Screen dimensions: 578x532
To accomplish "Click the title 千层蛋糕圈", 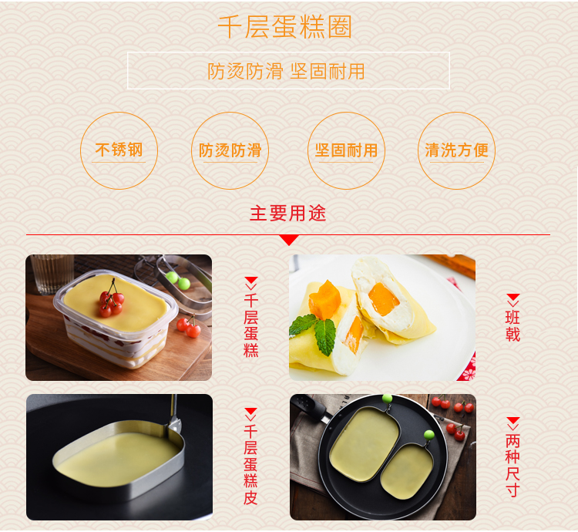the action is (284, 26).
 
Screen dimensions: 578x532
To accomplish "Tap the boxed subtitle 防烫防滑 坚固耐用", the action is (286, 71).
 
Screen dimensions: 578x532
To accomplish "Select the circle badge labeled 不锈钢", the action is (119, 150).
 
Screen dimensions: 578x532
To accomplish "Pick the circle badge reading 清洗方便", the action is (457, 150).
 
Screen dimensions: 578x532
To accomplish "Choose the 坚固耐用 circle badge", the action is (347, 150).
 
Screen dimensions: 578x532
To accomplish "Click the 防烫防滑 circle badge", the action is (230, 150).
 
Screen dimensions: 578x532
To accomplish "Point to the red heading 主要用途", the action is (288, 214).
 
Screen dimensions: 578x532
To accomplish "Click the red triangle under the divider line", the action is (289, 240).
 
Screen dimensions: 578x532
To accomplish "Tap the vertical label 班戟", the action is (512, 326).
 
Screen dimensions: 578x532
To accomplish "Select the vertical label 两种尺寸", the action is (512, 465).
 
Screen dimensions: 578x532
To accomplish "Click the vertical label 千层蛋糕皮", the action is (250, 464).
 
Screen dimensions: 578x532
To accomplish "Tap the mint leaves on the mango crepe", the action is (314, 332).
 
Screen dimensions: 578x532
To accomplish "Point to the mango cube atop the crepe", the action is (324, 299).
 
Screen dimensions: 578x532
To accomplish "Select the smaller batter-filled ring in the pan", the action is (407, 471).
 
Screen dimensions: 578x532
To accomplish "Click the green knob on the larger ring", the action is (387, 399).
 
